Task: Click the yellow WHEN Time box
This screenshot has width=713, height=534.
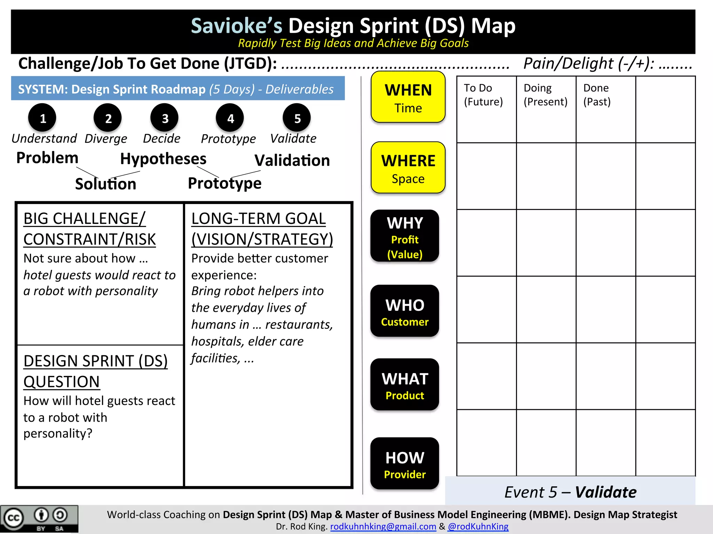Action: (x=408, y=97)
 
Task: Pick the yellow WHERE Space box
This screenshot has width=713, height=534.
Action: (x=408, y=168)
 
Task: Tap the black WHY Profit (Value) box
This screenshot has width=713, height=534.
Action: (x=405, y=236)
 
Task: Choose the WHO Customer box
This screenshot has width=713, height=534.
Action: (x=405, y=311)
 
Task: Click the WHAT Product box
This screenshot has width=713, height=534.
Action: (x=405, y=385)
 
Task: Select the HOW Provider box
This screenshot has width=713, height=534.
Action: (x=405, y=464)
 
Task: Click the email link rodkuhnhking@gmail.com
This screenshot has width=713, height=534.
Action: (x=383, y=527)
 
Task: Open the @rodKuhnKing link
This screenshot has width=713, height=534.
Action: (x=478, y=527)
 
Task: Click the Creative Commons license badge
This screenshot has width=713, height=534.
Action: (x=39, y=519)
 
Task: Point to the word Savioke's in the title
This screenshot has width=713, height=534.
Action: (x=237, y=26)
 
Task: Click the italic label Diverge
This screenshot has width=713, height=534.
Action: (x=106, y=139)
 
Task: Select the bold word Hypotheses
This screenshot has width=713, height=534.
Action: (x=163, y=159)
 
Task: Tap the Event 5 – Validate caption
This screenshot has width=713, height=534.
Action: (x=570, y=492)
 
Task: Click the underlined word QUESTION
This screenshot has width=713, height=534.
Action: (x=62, y=382)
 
